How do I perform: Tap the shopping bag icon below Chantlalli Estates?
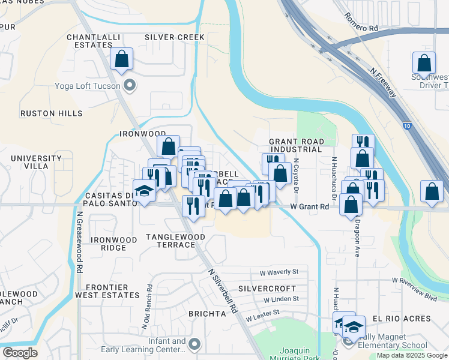tap(121, 59)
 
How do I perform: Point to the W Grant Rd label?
tap(309, 206)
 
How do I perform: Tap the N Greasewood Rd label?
tap(79, 241)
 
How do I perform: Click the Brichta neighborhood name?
tap(206, 314)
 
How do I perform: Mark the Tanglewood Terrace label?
tap(176, 241)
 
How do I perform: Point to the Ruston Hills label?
tap(47, 113)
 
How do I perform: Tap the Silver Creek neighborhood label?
tap(175, 37)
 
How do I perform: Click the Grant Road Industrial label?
tap(297, 145)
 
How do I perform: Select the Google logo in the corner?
tap(20, 353)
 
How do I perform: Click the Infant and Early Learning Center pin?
tap(193, 344)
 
